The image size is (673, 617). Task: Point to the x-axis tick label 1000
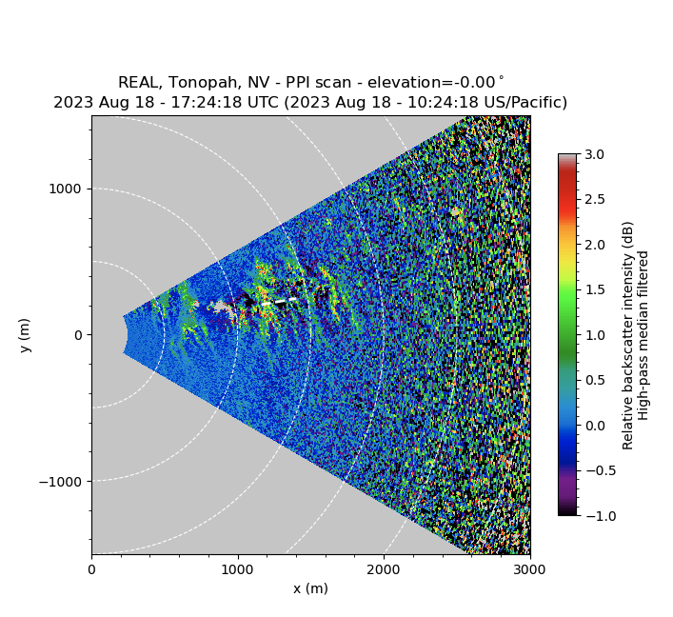[237, 569]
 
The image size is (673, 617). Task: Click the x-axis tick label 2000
[384, 569]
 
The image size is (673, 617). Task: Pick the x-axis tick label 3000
[529, 569]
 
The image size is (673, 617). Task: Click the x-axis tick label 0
[91, 569]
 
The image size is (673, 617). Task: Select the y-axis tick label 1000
[66, 189]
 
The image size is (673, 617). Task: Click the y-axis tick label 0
[79, 335]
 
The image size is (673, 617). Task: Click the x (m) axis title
[310, 588]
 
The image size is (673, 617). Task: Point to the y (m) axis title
[26, 335]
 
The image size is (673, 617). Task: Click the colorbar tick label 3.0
[595, 154]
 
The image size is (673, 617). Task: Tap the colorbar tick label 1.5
[595, 289]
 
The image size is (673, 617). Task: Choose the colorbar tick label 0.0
[595, 425]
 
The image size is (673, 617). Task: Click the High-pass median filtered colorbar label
[643, 335]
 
